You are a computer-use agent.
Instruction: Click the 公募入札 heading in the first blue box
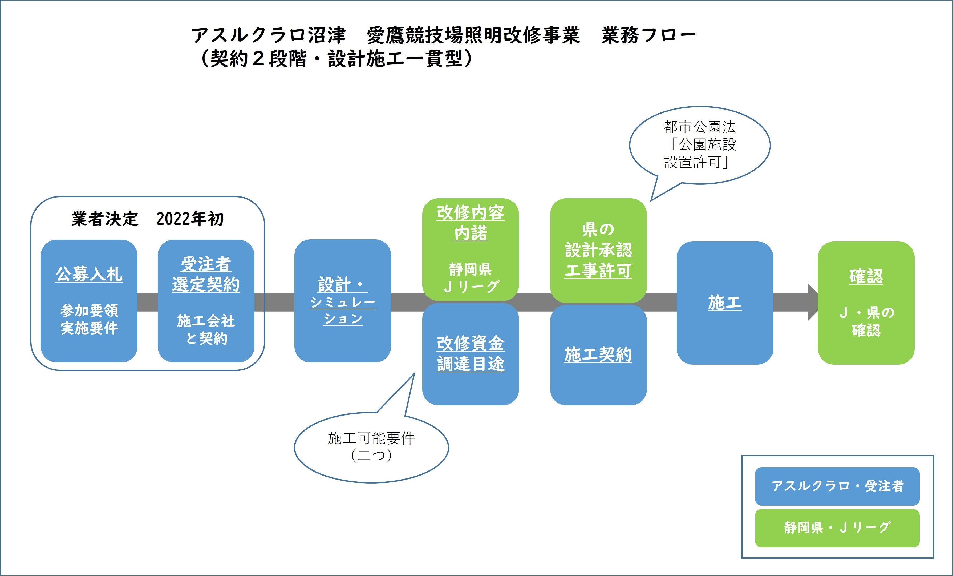89,274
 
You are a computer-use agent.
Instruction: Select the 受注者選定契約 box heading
206,274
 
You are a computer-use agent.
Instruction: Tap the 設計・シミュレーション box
343,301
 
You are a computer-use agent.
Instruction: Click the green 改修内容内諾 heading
470,223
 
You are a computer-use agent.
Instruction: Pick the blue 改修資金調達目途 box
470,354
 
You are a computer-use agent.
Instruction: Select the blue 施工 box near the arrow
725,303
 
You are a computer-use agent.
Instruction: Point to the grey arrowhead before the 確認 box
813,302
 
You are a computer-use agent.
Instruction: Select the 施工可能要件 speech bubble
371,447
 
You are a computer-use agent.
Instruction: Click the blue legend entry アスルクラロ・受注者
837,486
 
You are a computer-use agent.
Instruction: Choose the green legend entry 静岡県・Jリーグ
837,528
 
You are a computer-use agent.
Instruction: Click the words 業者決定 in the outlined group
104,219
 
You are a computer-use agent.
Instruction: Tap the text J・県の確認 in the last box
866,321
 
